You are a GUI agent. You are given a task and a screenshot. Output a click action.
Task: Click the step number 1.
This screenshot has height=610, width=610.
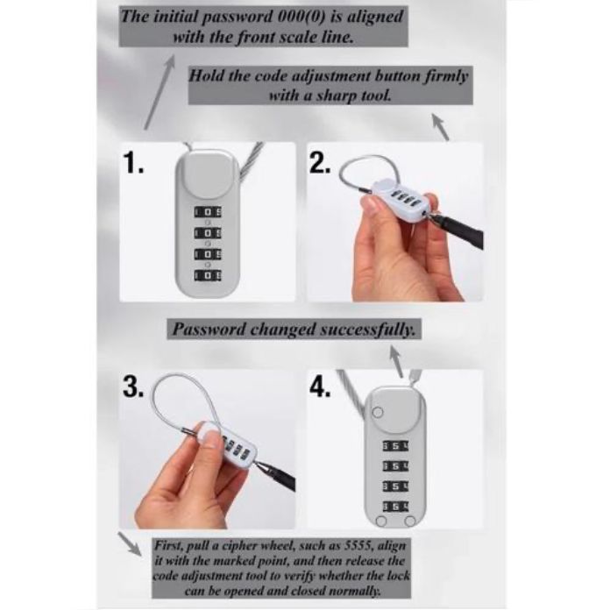click(x=133, y=163)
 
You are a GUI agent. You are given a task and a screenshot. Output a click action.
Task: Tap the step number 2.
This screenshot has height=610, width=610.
click(x=320, y=163)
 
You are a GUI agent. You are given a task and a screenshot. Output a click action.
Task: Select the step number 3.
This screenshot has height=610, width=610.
click(x=133, y=387)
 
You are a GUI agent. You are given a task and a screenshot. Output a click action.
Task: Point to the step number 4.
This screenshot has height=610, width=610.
click(x=320, y=387)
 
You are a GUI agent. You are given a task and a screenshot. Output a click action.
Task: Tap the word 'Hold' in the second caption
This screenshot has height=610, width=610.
click(x=207, y=75)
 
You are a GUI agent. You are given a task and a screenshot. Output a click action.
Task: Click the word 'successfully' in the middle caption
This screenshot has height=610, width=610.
click(x=367, y=330)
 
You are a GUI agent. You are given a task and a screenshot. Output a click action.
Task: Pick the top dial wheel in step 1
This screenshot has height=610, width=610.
click(x=208, y=212)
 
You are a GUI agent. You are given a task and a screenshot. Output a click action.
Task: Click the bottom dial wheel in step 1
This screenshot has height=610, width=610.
click(x=208, y=275)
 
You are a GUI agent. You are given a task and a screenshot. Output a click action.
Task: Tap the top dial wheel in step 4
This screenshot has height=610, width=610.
click(x=395, y=446)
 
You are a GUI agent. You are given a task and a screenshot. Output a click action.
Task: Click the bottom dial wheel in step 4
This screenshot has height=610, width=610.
click(x=395, y=506)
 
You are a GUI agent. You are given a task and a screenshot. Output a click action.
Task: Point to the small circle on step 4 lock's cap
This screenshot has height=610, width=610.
click(x=378, y=413)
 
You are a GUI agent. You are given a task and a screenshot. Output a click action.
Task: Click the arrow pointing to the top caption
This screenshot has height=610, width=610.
click(x=160, y=93)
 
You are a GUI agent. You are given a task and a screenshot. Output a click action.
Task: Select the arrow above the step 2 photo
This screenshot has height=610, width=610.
click(x=441, y=127)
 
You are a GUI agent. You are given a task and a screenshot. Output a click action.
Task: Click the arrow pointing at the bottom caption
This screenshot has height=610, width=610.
click(x=130, y=544)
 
